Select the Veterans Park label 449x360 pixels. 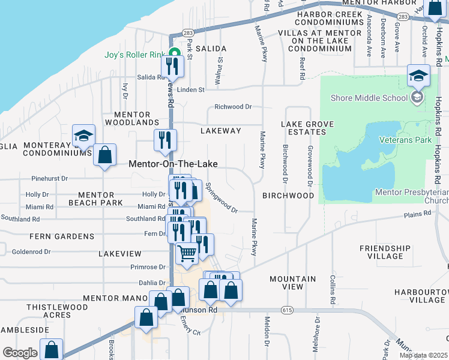405,139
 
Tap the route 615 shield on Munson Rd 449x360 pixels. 286,310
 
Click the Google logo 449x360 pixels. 20,353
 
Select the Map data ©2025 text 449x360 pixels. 423,355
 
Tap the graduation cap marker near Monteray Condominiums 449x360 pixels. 83,136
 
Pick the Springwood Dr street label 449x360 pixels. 222,198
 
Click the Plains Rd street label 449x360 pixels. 418,213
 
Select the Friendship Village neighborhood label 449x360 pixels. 385,252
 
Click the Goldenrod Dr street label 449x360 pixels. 33,252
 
